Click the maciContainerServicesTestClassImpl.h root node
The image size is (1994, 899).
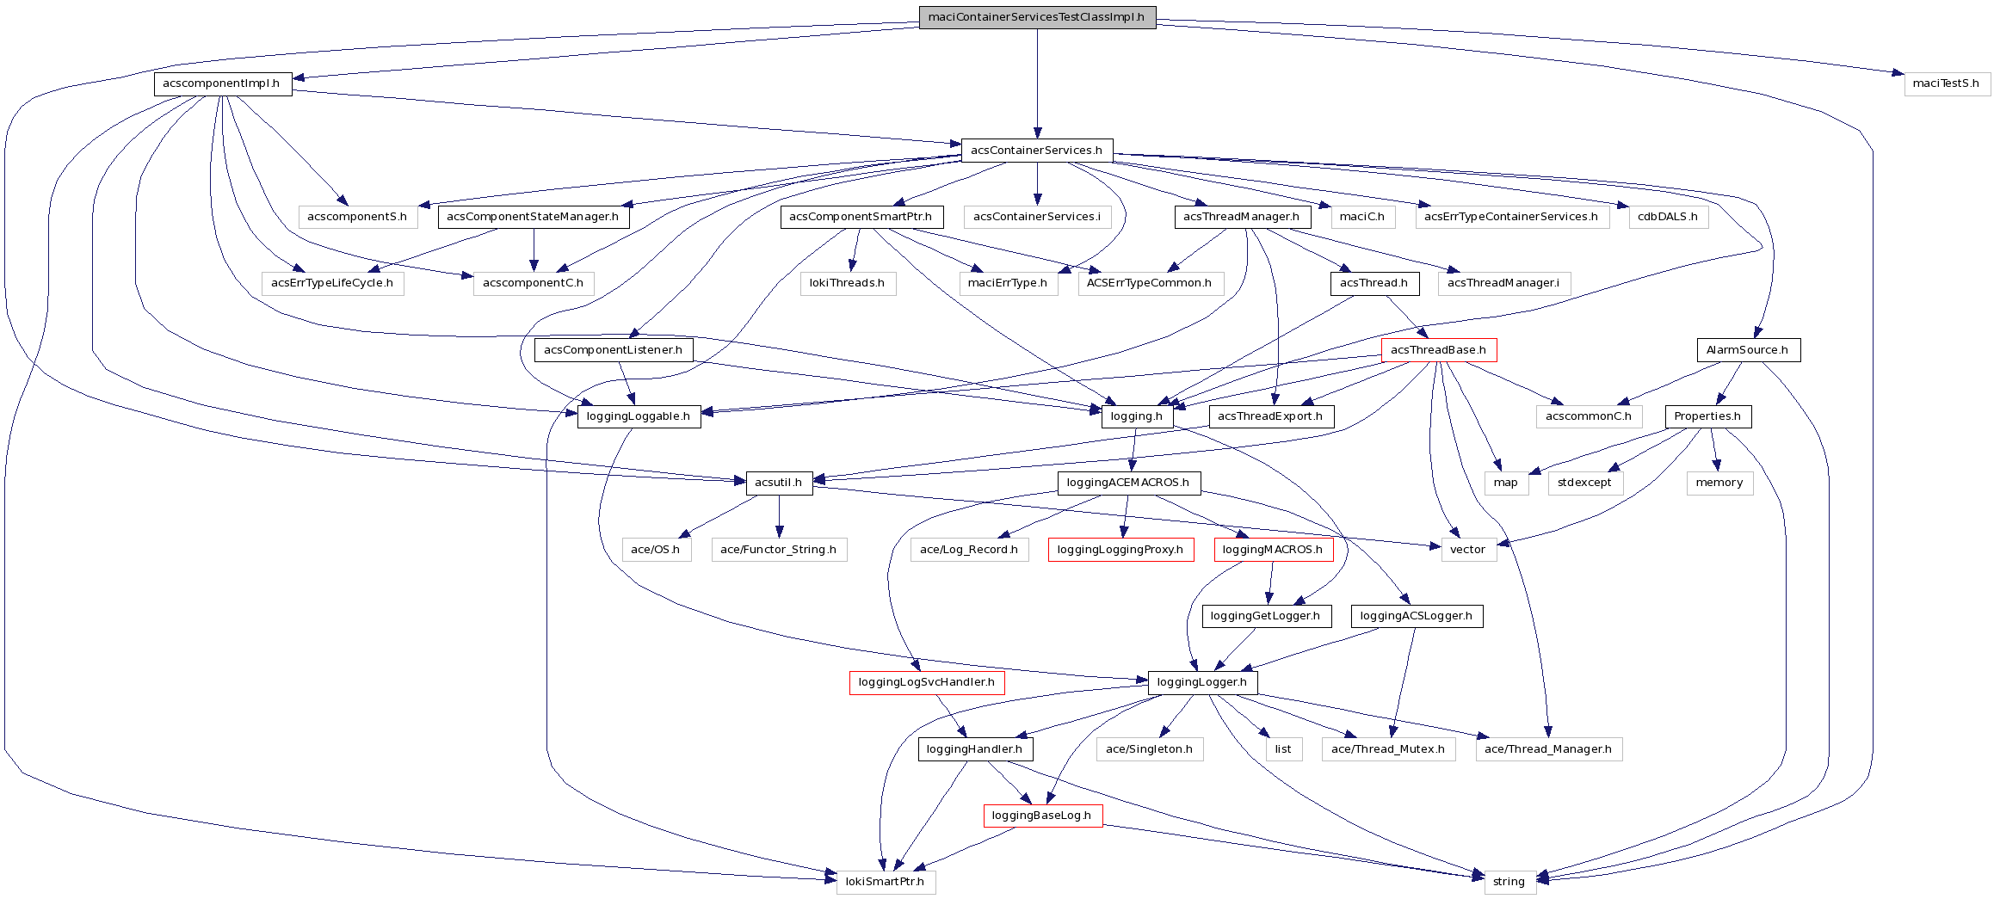point(1036,17)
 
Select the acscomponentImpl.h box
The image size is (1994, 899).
point(222,83)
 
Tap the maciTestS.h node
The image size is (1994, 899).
point(1946,83)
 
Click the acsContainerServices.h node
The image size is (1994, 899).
point(1036,151)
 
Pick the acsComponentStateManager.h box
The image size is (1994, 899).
point(533,217)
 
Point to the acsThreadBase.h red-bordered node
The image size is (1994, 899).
point(1438,350)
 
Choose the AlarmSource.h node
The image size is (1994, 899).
point(1747,350)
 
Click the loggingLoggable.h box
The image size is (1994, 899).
point(638,416)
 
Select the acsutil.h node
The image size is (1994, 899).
point(778,483)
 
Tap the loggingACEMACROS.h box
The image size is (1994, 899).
point(1127,483)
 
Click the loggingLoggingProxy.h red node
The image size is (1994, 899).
point(1120,550)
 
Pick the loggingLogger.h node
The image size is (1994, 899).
point(1201,682)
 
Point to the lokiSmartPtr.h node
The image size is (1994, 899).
point(885,882)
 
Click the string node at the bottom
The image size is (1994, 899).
point(1509,882)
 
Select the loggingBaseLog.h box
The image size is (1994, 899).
point(1041,816)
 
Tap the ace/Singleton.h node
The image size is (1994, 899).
point(1149,749)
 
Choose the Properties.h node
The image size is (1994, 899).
point(1707,416)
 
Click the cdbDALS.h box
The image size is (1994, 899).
point(1667,217)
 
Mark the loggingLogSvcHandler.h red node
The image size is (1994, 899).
point(926,682)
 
